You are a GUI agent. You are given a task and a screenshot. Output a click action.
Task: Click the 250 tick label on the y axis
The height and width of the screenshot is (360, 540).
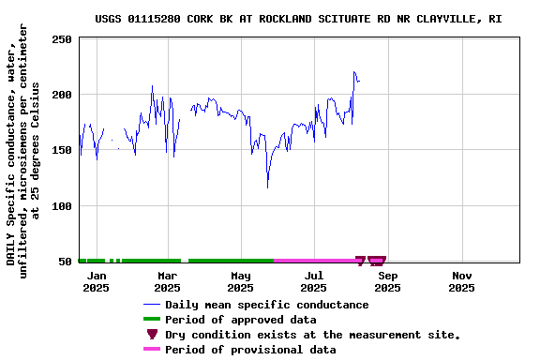click(x=62, y=39)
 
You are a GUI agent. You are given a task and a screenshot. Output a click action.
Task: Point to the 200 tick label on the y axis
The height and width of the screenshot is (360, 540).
click(x=62, y=95)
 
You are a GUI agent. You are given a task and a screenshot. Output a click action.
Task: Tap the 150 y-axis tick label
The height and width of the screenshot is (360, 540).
click(x=62, y=150)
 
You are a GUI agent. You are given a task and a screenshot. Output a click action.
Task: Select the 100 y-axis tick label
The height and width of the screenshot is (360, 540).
click(x=62, y=205)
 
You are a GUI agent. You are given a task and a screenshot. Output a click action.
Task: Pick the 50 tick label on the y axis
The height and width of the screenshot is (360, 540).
click(x=66, y=261)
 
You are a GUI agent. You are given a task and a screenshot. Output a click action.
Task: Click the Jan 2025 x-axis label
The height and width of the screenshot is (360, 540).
click(x=96, y=281)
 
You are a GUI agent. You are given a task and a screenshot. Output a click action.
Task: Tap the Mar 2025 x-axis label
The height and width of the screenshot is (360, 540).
click(x=167, y=281)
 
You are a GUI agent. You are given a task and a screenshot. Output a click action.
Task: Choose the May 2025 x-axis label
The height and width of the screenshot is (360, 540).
click(x=241, y=281)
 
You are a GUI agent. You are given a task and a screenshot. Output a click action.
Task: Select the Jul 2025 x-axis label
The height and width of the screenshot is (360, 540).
click(x=314, y=281)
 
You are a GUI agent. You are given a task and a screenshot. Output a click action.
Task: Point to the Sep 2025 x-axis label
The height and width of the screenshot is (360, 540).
click(x=387, y=281)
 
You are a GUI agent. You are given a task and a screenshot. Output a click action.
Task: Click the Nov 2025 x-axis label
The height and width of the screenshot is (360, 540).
click(x=461, y=281)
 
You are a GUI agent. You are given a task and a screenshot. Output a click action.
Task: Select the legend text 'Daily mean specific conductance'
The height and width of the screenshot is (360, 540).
click(x=266, y=305)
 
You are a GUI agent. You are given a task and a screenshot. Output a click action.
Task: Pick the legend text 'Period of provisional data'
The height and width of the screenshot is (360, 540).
click(x=249, y=350)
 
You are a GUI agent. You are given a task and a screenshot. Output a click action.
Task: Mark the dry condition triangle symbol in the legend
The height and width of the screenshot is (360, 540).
click(x=152, y=335)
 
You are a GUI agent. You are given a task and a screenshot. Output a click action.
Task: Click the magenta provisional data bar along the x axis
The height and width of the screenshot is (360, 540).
click(x=314, y=261)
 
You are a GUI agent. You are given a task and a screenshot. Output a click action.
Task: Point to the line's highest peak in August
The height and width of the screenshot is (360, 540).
click(x=354, y=71)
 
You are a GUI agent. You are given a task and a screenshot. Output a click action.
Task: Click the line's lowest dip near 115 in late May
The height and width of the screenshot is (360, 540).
click(x=268, y=187)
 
